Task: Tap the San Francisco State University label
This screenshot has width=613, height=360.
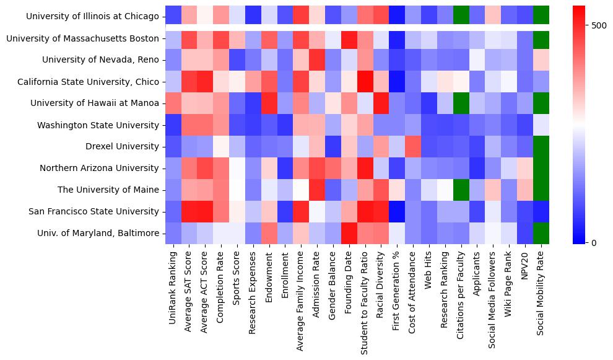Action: (94, 211)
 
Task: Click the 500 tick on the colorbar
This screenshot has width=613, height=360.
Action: (599, 25)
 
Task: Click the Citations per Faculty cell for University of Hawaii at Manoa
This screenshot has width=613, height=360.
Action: (461, 103)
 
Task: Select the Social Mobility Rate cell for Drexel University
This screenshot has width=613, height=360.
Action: (541, 146)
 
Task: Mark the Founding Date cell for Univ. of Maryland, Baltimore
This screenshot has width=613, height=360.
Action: (349, 233)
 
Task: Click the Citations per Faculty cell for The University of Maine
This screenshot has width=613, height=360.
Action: (461, 190)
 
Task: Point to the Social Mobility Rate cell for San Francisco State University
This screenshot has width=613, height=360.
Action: (541, 211)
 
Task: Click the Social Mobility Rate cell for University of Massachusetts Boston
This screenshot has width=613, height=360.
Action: (541, 38)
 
